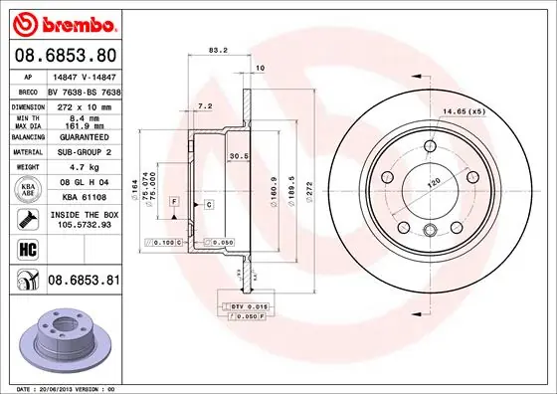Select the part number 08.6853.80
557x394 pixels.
(x=64, y=55)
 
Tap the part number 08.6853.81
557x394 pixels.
(x=83, y=283)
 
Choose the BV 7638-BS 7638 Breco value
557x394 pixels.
(x=85, y=90)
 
